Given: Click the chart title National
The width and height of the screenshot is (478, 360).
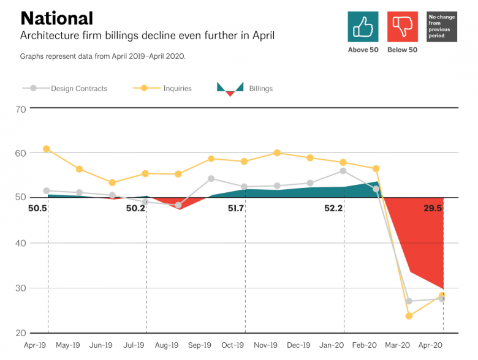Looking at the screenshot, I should pos(56,18).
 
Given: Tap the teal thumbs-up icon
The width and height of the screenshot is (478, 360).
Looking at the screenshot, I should pos(363,27).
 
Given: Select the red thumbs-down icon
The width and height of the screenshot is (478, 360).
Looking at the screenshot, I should pos(403,27).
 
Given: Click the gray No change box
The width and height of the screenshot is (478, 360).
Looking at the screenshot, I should pos(442,27).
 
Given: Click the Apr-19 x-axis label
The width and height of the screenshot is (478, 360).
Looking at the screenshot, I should pos(34,345).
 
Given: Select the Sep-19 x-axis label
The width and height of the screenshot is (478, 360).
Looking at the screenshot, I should pos(199,345).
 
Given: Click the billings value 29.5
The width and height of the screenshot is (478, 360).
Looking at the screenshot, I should pos(433,208).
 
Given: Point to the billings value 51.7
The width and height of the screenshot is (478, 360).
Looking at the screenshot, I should pos(236,208).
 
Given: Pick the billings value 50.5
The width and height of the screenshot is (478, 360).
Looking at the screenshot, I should pos(37,208).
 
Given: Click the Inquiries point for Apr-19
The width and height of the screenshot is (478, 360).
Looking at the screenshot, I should pos(47,149).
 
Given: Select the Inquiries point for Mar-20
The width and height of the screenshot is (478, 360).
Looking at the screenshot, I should pos(409,316).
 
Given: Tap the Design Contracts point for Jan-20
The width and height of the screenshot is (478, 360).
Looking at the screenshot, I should pos(343,171).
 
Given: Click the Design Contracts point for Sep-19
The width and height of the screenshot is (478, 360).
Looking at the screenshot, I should pos(211,179).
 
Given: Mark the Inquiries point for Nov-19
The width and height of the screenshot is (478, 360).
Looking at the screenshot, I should pos(277,152).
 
